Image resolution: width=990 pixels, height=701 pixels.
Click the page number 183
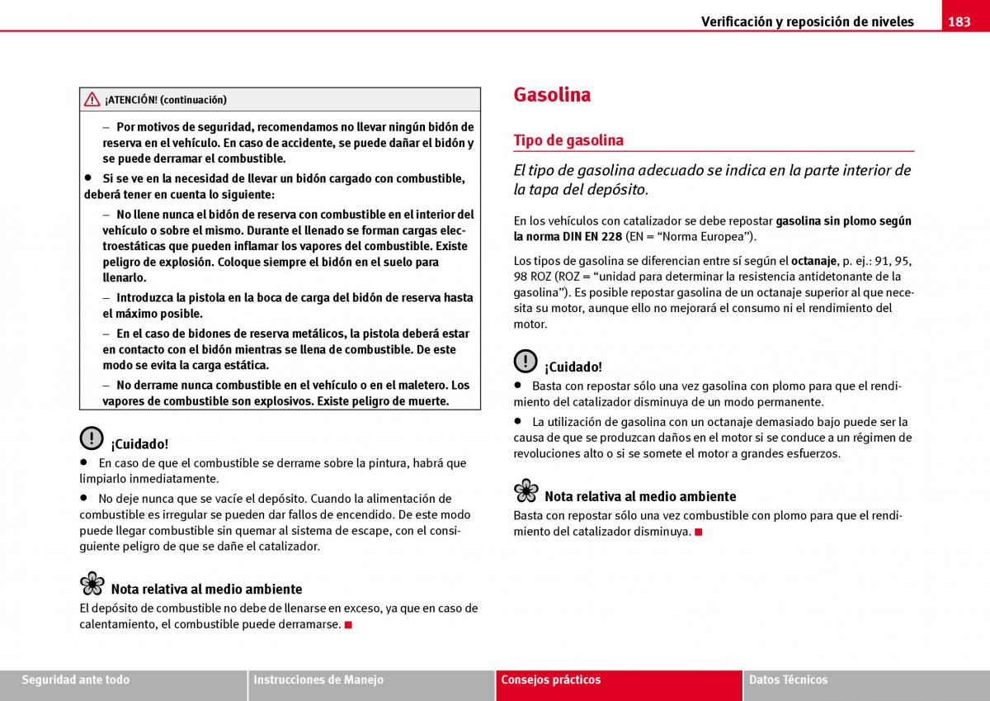point(959,21)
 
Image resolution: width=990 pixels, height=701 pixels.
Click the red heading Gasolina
point(552,94)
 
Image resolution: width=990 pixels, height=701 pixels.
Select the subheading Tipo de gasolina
point(568,140)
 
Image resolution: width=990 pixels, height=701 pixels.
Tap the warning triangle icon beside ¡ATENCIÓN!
point(92,100)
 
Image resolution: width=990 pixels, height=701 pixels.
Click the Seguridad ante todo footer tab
point(76,680)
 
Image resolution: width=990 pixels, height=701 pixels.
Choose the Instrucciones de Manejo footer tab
point(318,680)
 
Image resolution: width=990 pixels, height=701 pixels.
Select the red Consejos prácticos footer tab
point(551,680)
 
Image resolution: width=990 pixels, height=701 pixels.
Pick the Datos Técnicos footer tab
point(788,680)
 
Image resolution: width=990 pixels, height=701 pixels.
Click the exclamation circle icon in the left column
point(92,438)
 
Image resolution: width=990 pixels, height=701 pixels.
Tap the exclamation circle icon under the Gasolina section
point(526,362)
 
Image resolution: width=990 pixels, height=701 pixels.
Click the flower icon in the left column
point(92,585)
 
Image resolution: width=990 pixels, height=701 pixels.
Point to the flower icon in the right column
point(526,491)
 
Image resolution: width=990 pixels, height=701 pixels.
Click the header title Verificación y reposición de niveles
point(807,21)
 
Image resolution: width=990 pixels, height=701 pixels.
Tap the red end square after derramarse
point(349,625)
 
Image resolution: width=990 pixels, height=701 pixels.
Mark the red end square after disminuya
point(698,532)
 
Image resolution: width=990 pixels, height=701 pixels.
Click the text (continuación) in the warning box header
point(193,100)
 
